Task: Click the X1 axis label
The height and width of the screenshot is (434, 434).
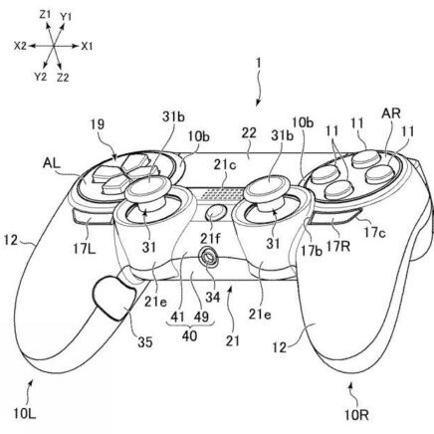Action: (87, 46)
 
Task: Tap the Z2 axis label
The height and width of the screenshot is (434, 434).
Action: (63, 78)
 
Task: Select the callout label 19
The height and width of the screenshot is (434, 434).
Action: (98, 124)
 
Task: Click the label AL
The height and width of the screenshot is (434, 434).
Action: (52, 163)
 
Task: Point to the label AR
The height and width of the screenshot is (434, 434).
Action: (391, 113)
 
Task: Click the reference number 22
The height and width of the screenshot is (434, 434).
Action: (249, 133)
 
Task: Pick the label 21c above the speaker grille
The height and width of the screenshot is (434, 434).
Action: (225, 165)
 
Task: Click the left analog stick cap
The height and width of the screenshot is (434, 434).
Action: (148, 186)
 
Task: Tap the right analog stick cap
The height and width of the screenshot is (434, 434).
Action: (269, 186)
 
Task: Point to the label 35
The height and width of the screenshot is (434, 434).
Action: (145, 342)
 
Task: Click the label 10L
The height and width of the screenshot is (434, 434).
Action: (25, 414)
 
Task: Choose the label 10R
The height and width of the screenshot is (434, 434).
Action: (356, 415)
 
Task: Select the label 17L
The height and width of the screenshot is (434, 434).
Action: (84, 248)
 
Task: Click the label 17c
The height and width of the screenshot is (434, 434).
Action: (374, 233)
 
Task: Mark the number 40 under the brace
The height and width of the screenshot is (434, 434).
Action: (189, 336)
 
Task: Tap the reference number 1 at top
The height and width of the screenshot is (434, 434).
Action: (258, 64)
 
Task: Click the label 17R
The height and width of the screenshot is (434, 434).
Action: (338, 246)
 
